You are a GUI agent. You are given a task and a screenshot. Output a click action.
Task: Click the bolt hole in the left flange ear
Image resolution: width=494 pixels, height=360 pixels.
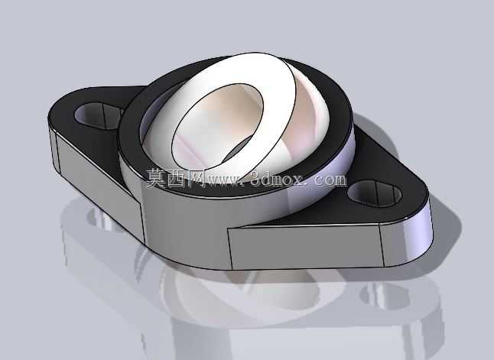(99, 115)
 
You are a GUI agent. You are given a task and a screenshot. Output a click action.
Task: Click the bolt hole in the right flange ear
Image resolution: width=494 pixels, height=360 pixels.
(375, 193)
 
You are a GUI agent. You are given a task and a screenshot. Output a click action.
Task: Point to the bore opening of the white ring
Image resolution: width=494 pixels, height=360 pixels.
(217, 126)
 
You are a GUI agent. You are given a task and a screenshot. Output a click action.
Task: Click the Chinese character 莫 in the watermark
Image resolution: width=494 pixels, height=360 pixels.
(157, 179)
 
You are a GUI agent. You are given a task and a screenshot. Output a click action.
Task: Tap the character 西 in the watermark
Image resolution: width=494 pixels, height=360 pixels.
(177, 179)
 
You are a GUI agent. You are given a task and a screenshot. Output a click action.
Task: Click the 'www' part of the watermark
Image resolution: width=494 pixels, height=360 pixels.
(224, 181)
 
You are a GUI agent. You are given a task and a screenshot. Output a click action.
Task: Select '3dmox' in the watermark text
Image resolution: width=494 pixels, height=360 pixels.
(278, 179)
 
